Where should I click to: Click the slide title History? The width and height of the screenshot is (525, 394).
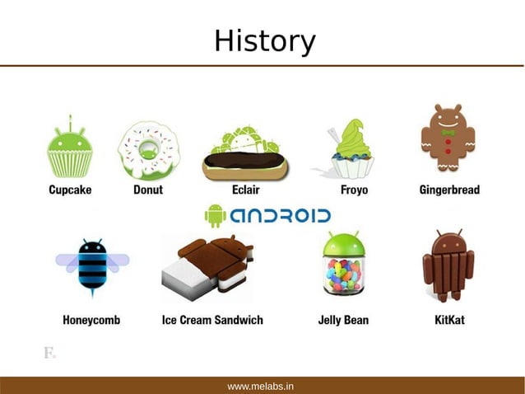264,40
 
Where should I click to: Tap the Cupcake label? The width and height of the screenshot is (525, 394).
69,190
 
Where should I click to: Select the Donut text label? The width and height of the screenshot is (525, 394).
148,190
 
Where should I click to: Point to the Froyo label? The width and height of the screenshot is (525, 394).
354,190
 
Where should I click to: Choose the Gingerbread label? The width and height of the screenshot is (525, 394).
448,190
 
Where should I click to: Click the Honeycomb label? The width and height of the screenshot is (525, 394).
91,319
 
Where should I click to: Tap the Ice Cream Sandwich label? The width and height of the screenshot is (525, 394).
212,319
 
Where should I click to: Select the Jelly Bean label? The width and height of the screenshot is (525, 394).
343,319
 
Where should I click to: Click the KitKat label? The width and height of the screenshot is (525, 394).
449,319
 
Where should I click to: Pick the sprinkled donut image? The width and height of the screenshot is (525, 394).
148,150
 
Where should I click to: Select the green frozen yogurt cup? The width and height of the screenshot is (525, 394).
353,148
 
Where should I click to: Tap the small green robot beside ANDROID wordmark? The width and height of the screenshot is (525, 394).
215,216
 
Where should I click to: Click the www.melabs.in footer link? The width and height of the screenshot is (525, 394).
261,386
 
